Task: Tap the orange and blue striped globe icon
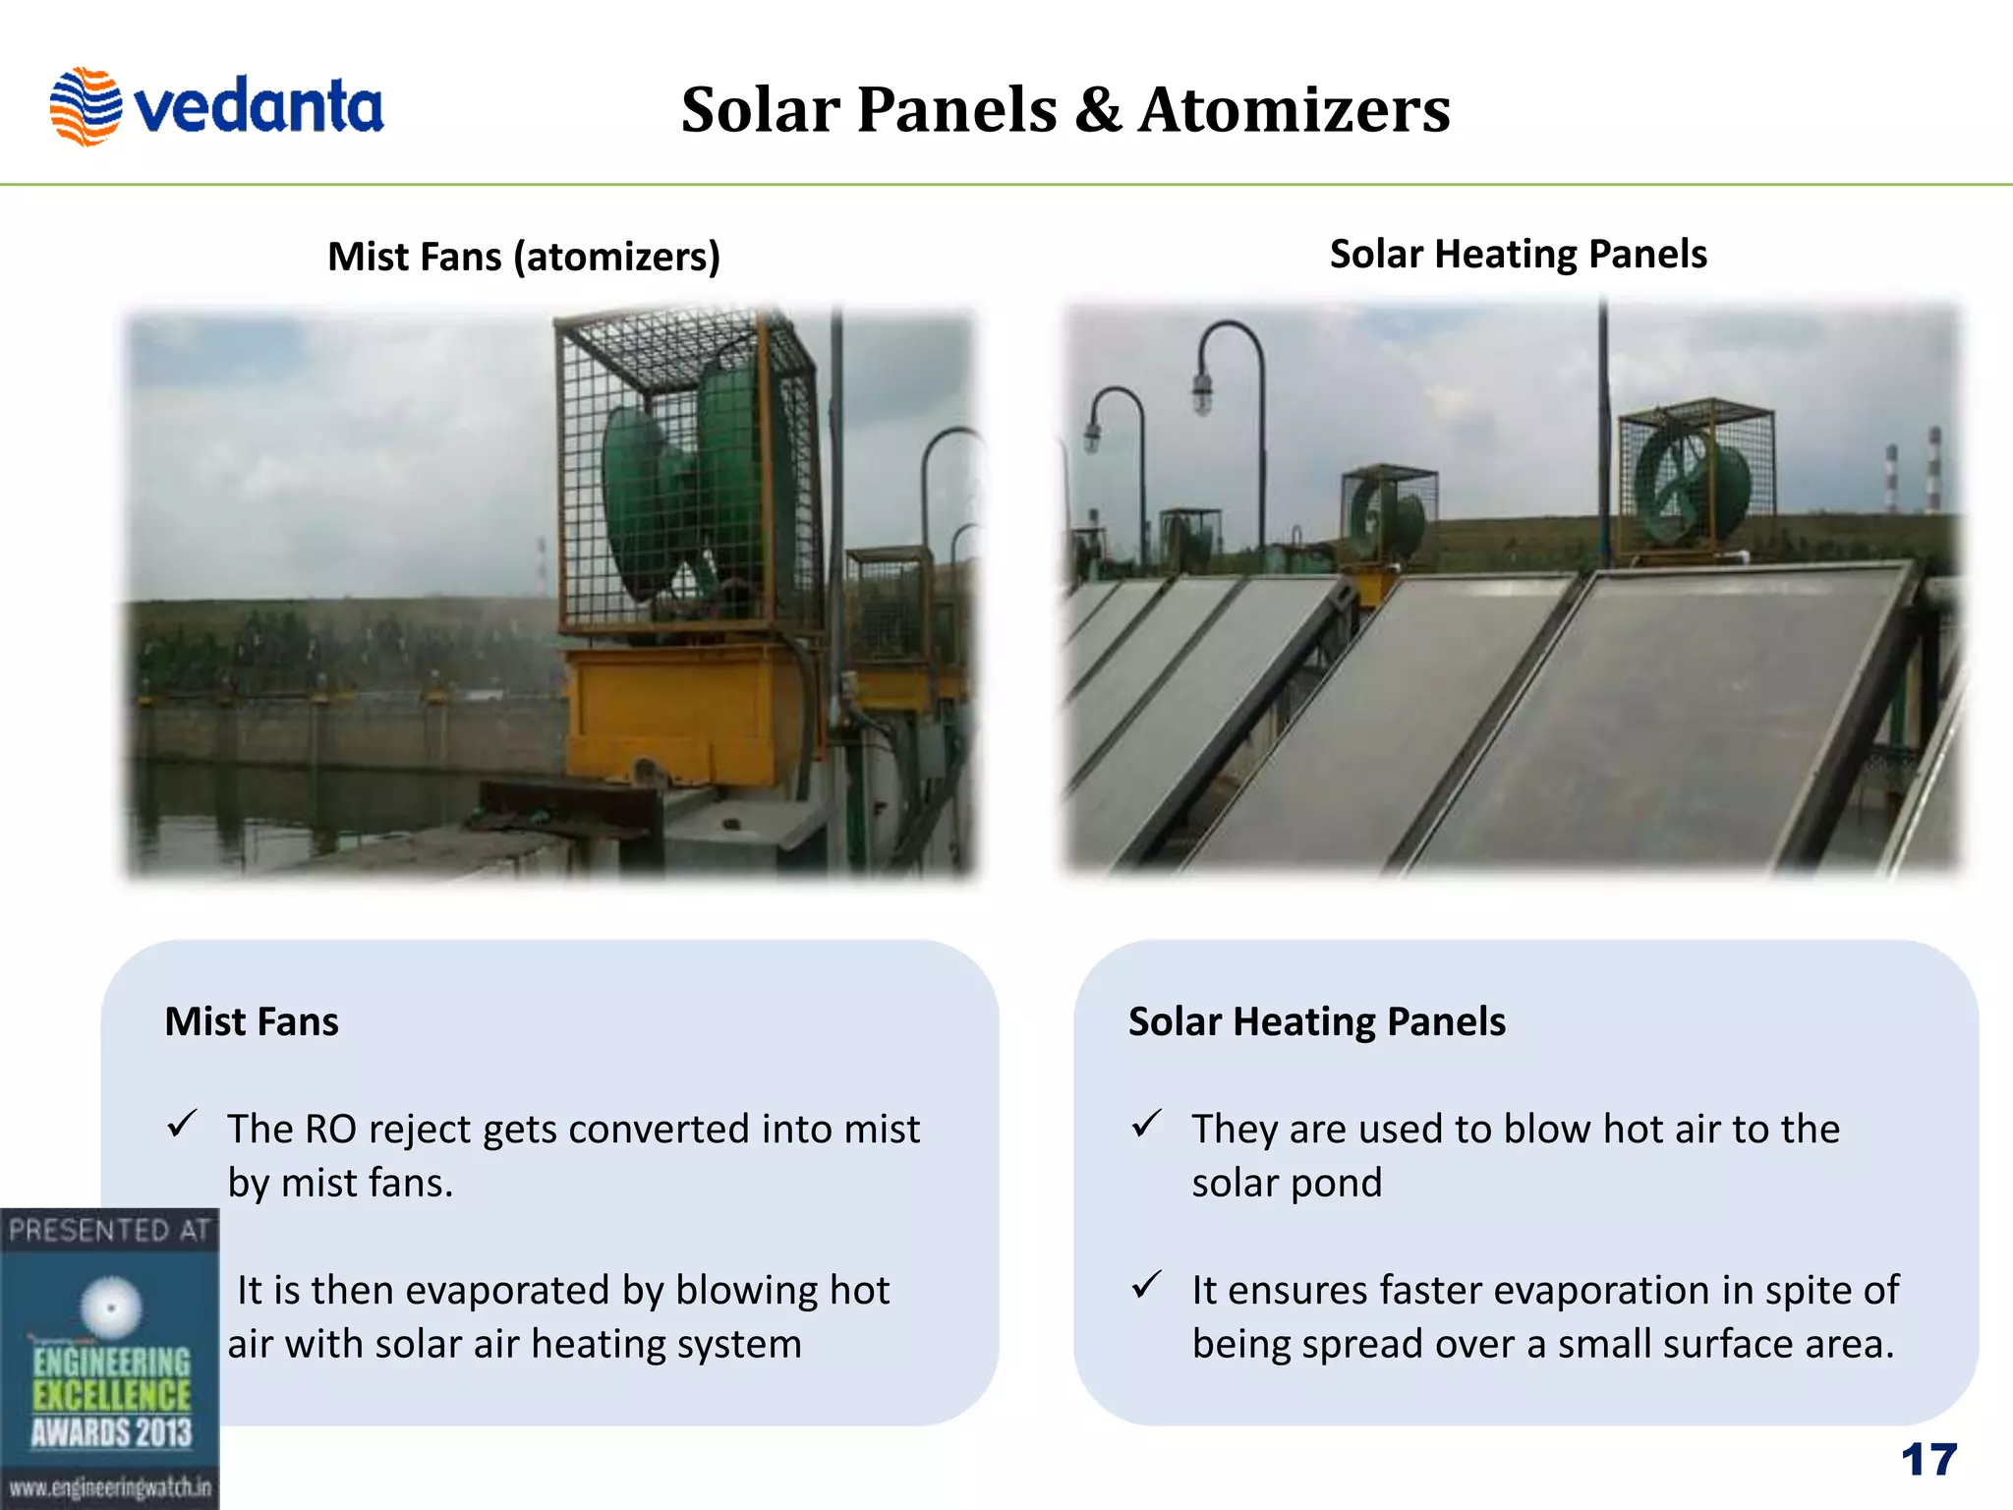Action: click(x=86, y=106)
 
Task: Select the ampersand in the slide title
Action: click(x=1097, y=109)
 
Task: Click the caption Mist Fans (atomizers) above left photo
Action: click(x=524, y=257)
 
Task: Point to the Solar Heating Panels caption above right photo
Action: click(x=1518, y=254)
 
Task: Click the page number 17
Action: click(x=1928, y=1460)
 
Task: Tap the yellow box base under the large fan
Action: click(x=678, y=713)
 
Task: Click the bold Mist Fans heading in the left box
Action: click(x=252, y=1021)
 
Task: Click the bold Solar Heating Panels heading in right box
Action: click(x=1316, y=1021)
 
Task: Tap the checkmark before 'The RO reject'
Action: click(x=182, y=1124)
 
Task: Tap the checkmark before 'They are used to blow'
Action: click(x=1146, y=1124)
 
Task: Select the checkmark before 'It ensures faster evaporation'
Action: click(x=1146, y=1285)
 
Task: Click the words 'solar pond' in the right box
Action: click(x=1286, y=1183)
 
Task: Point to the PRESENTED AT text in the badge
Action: click(x=109, y=1230)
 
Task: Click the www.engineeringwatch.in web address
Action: click(x=109, y=1487)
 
